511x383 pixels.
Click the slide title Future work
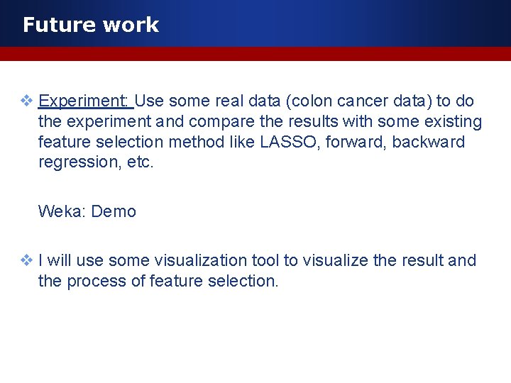point(90,25)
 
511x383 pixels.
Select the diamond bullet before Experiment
point(26,101)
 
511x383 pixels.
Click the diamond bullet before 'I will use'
point(26,260)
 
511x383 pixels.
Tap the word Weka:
point(62,211)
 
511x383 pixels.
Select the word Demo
point(114,211)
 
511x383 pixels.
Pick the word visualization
point(180,260)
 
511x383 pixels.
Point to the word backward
point(429,142)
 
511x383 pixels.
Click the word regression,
point(76,162)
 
